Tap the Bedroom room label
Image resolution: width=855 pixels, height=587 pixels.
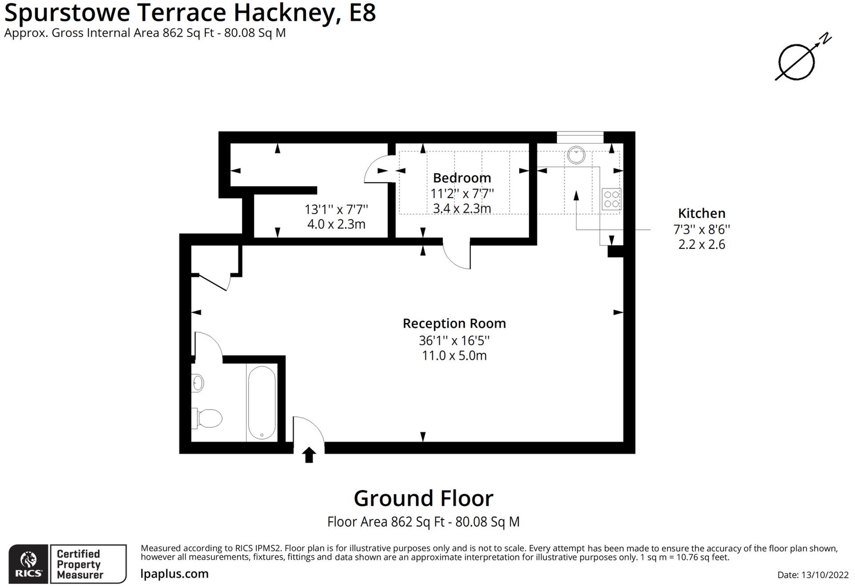pos(462,178)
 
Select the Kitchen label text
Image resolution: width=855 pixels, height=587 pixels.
pos(701,214)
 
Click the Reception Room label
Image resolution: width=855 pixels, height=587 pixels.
pos(454,323)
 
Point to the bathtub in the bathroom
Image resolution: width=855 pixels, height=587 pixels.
pos(262,403)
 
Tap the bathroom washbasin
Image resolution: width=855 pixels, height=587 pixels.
pos(198,383)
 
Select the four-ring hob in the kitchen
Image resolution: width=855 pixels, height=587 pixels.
pos(612,199)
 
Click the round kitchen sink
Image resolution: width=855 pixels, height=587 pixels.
pos(576,156)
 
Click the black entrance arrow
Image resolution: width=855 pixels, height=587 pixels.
pos(309,455)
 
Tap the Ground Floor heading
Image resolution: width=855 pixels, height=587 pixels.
pos(423,499)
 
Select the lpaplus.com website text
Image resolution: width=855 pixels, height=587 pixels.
pos(175,574)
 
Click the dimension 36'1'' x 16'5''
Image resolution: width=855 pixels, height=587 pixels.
pos(454,341)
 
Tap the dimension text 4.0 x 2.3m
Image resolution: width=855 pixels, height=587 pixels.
pos(336,224)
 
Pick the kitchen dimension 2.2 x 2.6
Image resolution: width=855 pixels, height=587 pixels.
pos(701,245)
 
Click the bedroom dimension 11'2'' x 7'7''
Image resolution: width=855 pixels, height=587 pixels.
pos(462,194)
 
